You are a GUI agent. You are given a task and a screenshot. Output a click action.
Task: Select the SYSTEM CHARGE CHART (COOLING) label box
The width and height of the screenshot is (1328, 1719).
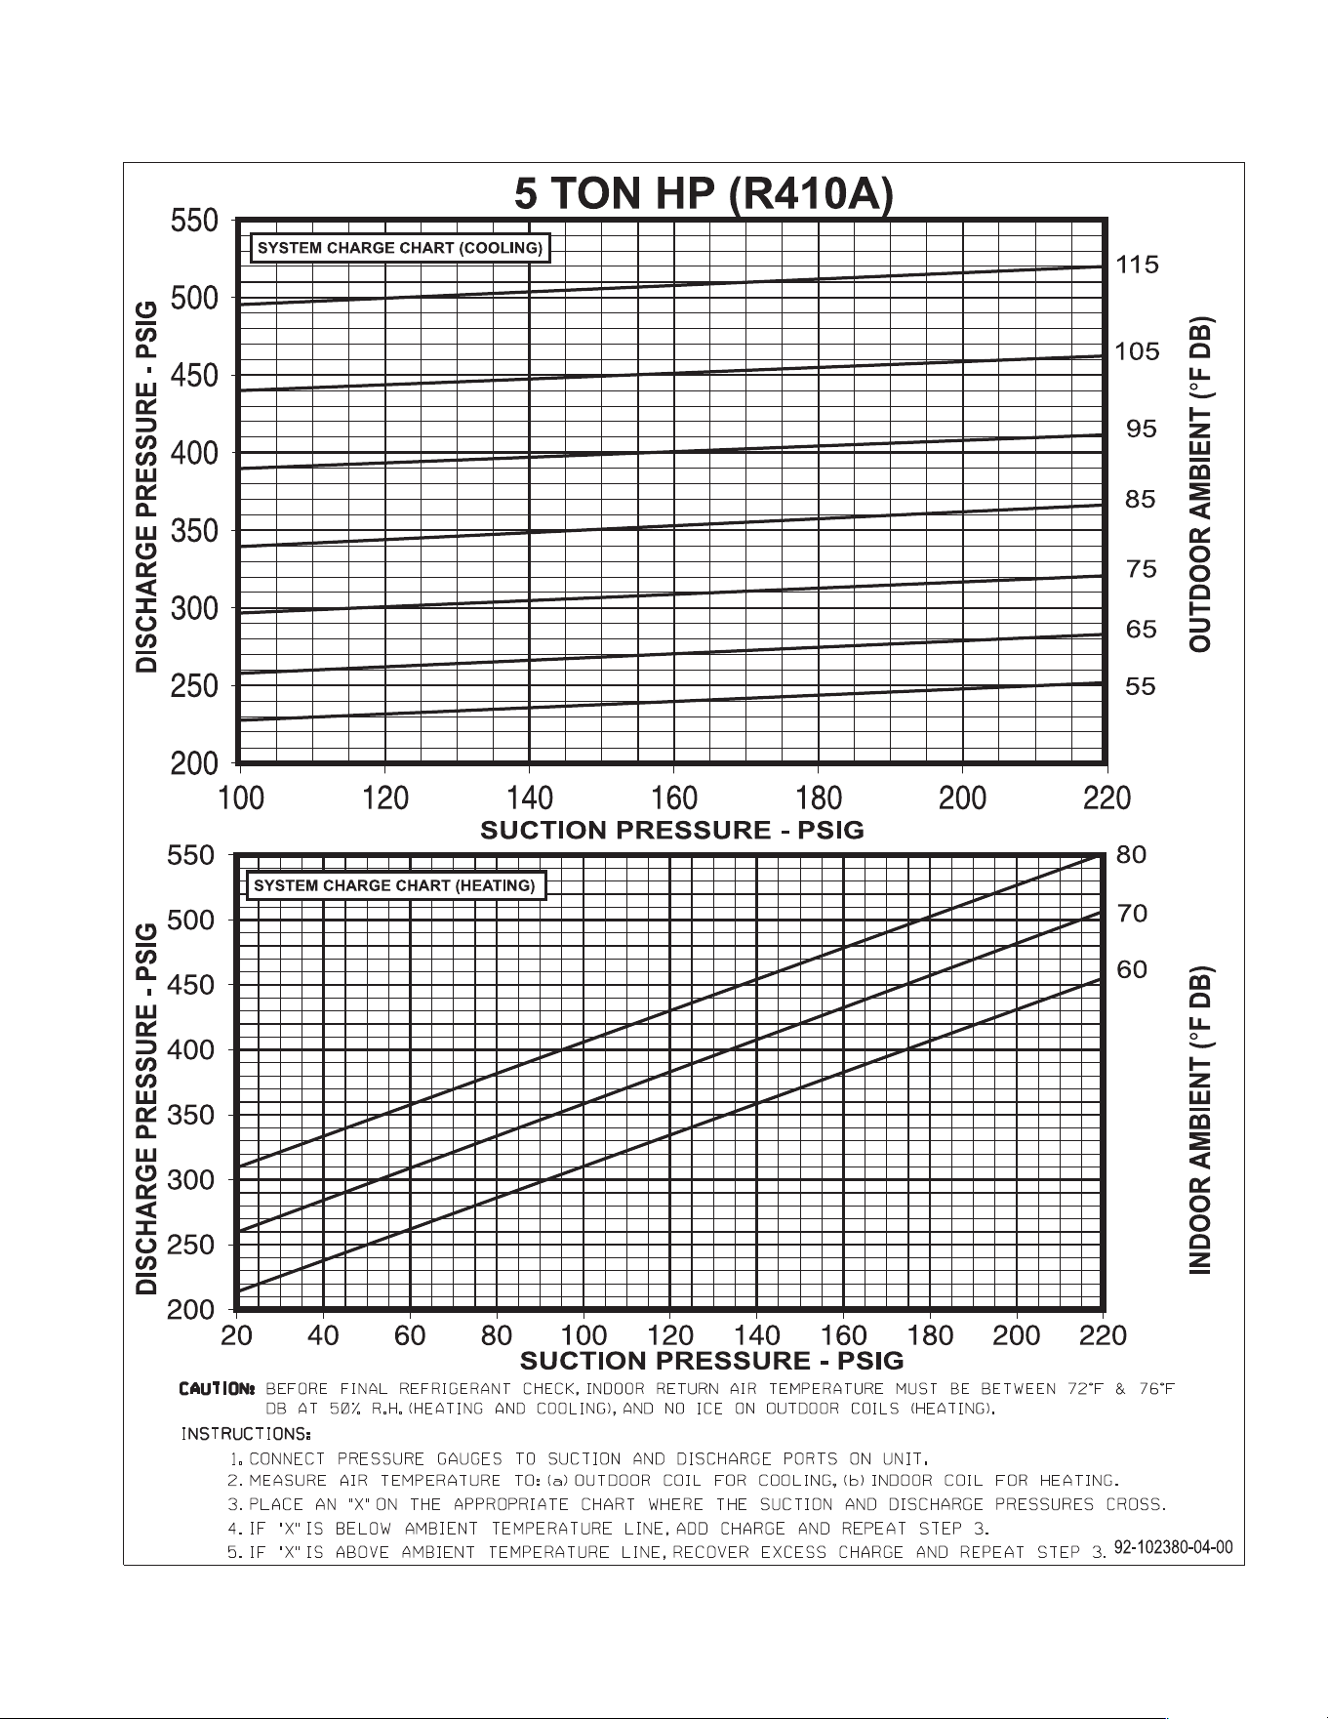tap(400, 248)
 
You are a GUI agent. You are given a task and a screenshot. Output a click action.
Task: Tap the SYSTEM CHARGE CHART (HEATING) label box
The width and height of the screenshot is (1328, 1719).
tap(395, 885)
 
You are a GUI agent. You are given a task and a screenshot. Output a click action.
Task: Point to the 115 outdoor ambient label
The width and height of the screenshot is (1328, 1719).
tap(1137, 265)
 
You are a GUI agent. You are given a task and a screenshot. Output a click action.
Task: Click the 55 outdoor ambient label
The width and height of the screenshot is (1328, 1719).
tap(1140, 686)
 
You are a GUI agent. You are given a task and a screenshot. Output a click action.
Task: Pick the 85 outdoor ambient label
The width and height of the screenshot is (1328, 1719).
tap(1140, 500)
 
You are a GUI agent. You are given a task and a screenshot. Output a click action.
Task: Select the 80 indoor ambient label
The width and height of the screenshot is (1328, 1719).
tap(1131, 855)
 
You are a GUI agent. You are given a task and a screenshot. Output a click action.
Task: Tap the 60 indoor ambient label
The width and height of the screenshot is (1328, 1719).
tap(1132, 970)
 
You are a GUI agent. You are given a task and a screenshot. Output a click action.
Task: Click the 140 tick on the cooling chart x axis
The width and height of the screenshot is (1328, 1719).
tap(530, 798)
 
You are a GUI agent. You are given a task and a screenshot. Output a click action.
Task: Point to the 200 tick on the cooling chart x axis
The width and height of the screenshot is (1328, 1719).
tap(963, 798)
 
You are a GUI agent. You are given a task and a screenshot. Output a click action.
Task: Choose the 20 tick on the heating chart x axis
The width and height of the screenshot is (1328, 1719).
tap(237, 1334)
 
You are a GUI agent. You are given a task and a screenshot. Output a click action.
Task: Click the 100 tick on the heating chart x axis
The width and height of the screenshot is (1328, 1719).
tap(584, 1334)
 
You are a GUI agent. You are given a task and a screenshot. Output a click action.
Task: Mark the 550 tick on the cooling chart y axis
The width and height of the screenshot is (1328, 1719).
tap(195, 221)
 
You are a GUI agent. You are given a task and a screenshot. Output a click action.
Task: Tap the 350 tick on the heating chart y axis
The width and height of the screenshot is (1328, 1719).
tap(191, 1115)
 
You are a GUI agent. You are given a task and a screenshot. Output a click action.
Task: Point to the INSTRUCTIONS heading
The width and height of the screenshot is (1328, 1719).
tap(246, 1434)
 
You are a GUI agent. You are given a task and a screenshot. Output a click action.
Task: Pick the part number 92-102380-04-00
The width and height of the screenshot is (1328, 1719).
tap(1174, 1547)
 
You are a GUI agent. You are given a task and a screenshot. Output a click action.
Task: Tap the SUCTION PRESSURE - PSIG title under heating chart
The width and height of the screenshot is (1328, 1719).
tap(712, 1361)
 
